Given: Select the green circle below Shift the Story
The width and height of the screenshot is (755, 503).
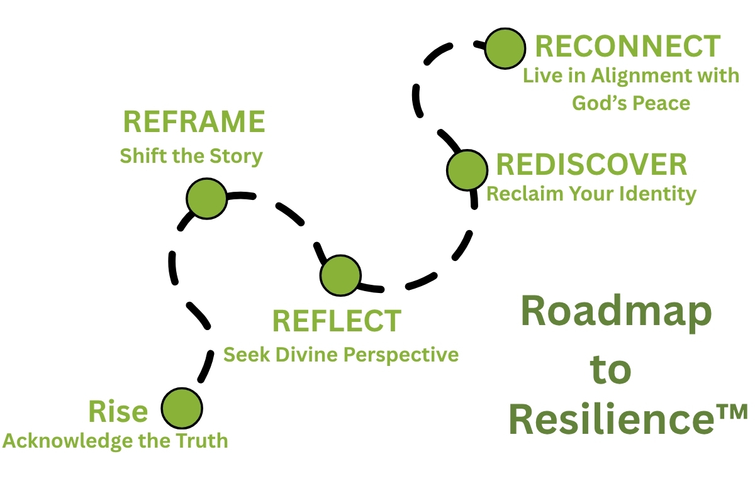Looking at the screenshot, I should pos(206,199).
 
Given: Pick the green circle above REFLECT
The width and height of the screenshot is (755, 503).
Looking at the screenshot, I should pos(340,275).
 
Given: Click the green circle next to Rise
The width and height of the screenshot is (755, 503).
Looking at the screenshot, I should pos(182,408).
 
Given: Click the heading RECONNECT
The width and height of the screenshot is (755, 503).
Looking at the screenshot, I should pos(627,47).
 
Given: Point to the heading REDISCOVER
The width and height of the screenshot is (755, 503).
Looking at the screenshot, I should pos(591,165).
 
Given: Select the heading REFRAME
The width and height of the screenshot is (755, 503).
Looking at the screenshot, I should pos(194,122).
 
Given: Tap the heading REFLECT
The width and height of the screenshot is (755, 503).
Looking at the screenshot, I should pos(337,321).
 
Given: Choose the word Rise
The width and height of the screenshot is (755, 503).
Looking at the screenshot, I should pos(118,412).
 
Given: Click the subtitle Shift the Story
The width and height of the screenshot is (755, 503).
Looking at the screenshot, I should pos(191,155).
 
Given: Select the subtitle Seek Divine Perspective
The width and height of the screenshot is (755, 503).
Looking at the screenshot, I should pos(341,355).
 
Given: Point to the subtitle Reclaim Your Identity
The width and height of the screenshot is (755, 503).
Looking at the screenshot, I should pos(591,194).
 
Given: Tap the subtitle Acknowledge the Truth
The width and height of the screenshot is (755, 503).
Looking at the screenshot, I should pos(115,441).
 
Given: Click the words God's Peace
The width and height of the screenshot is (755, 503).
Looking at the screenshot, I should pos(630,102).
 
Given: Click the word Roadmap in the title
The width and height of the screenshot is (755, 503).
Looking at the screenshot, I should pos(617,313).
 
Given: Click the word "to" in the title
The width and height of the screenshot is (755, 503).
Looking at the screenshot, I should pos(611,370).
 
